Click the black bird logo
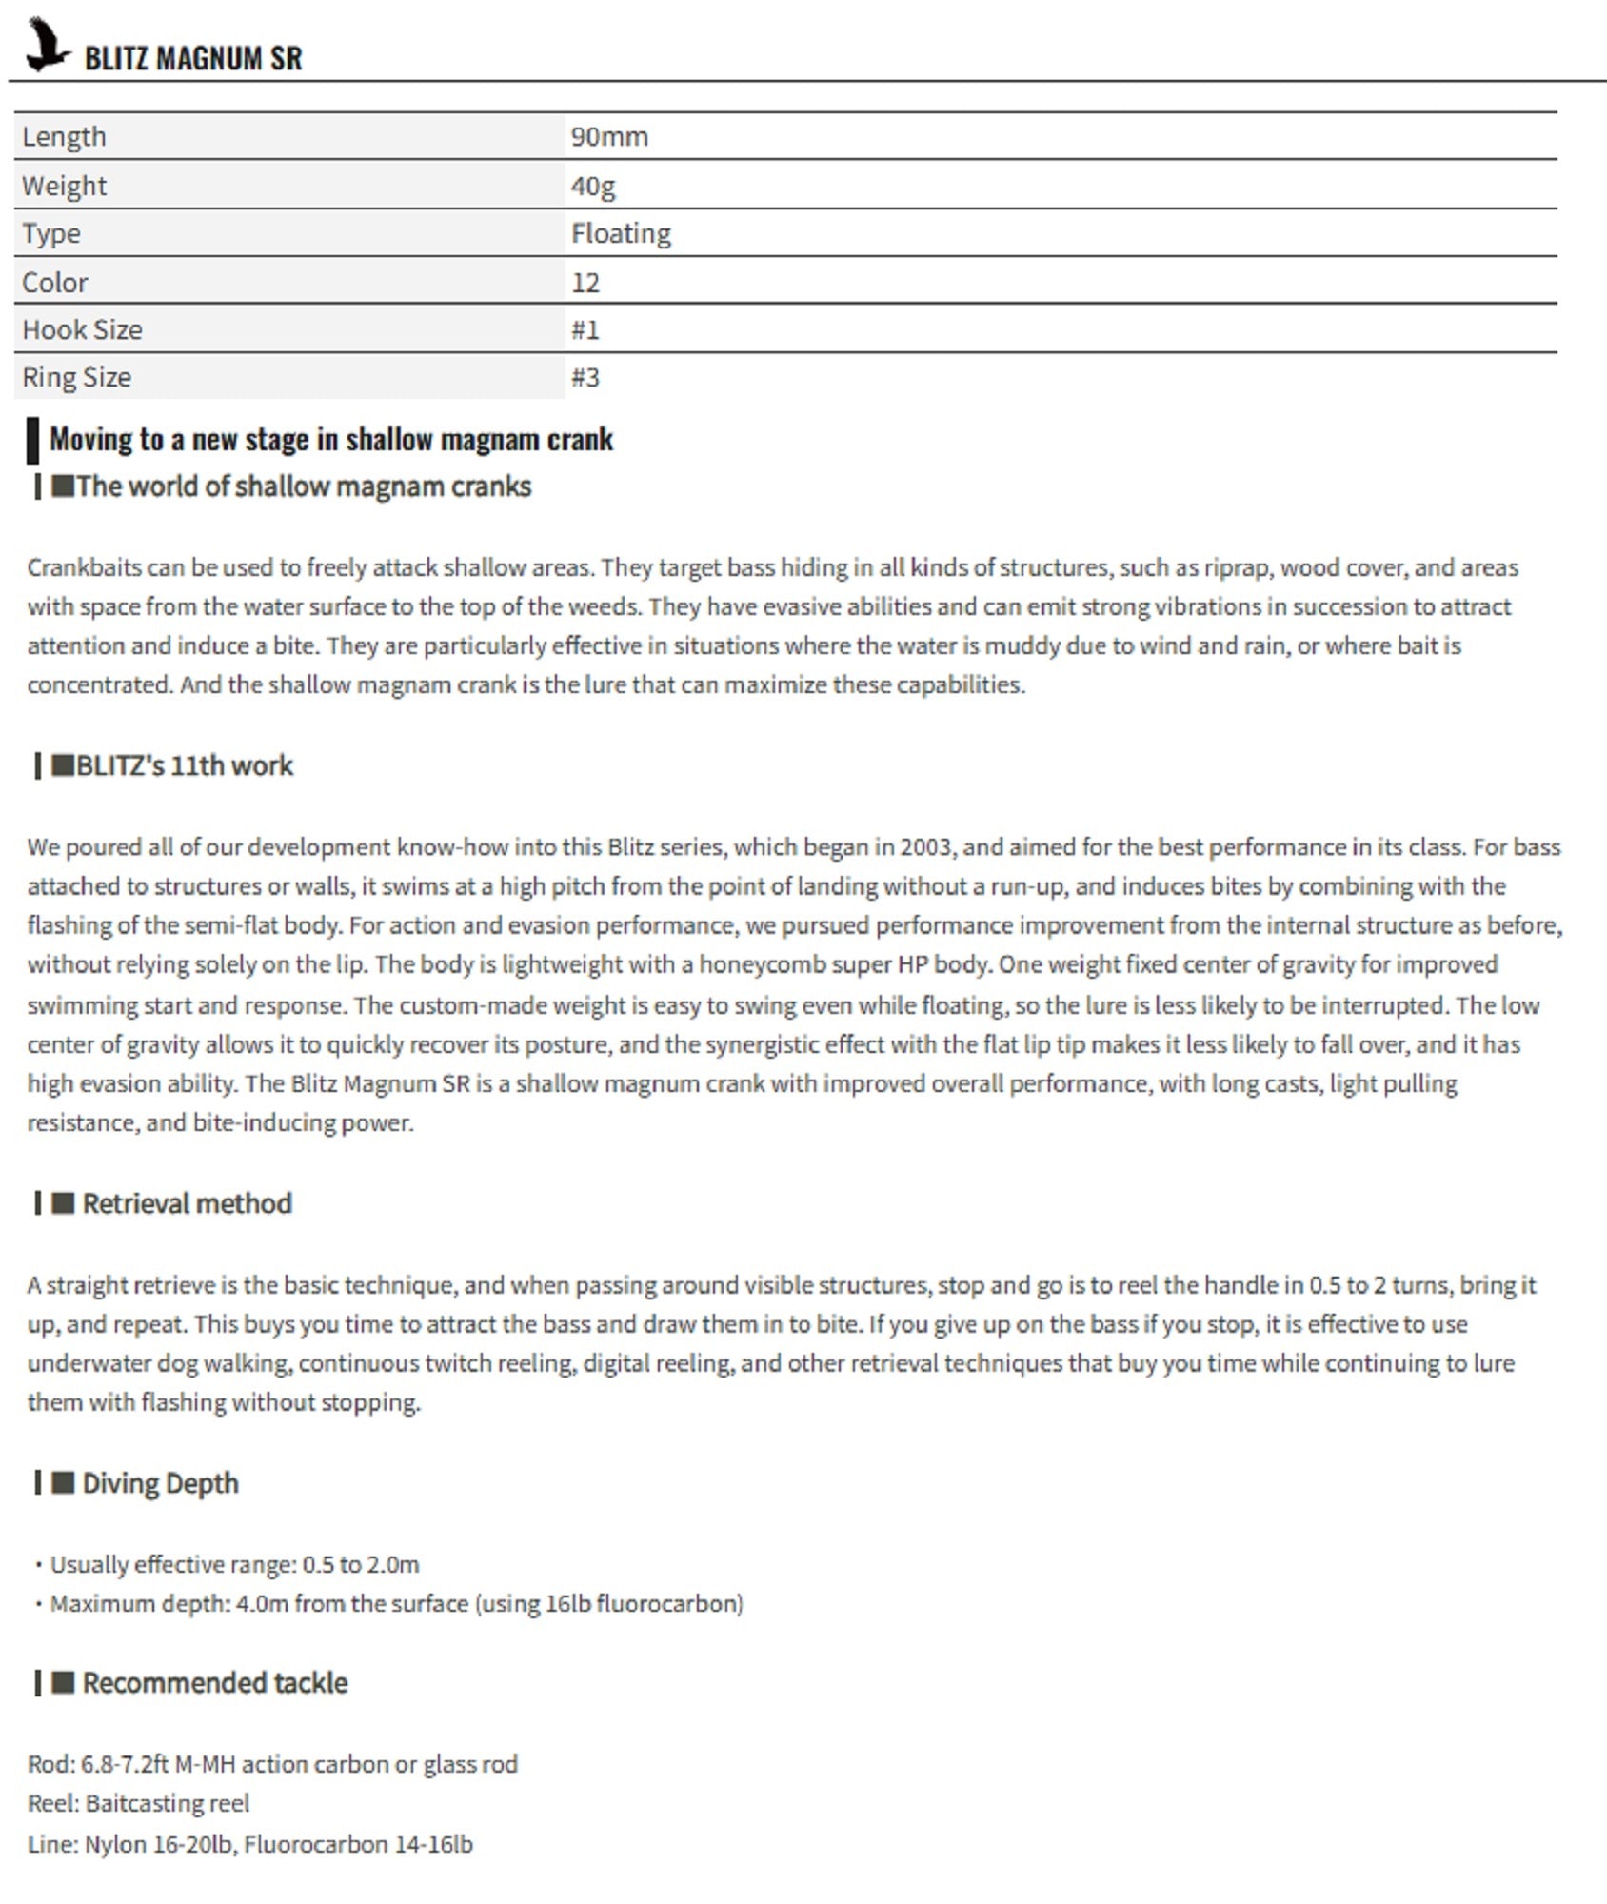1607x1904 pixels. point(46,46)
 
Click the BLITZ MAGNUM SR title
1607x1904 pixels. point(193,58)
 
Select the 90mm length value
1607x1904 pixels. point(609,137)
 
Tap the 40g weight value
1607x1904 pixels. point(593,186)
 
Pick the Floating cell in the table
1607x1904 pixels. point(621,234)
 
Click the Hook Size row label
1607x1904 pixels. point(82,330)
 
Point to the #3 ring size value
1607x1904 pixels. point(585,378)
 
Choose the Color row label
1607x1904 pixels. point(55,283)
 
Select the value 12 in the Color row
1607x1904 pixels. point(585,283)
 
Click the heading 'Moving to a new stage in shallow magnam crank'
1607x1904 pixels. point(331,440)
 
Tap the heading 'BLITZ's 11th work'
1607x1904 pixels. point(184,766)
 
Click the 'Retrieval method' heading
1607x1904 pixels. point(187,1204)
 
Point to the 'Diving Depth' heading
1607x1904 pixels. point(160,1484)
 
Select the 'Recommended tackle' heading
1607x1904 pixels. point(214,1683)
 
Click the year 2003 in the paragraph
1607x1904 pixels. point(925,847)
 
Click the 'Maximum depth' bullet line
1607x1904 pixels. point(395,1604)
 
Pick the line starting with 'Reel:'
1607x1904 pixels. point(138,1804)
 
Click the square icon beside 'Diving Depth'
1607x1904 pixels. point(63,1483)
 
